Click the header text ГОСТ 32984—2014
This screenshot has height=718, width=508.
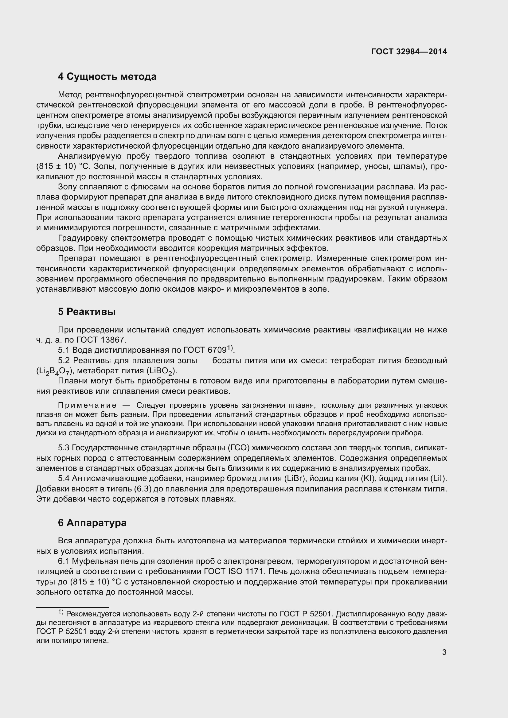(x=409, y=52)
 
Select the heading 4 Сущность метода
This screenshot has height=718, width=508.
(x=107, y=77)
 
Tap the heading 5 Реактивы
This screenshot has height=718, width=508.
(x=87, y=312)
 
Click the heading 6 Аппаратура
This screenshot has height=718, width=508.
(x=92, y=522)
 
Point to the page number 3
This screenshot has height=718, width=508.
(x=444, y=652)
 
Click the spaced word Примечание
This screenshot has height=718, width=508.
(x=87, y=406)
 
